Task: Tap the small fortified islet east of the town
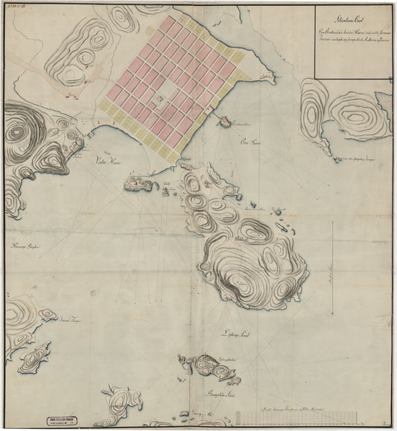222,121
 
